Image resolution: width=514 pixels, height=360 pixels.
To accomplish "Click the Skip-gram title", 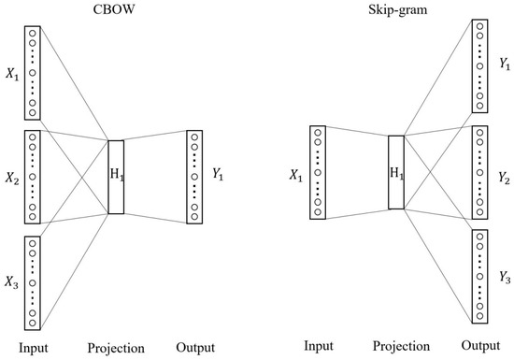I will (x=395, y=10).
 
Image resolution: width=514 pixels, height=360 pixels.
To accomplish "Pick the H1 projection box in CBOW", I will (x=115, y=177).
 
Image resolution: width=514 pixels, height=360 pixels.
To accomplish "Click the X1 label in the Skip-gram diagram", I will (x=294, y=175).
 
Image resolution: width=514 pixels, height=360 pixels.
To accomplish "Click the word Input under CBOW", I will (x=34, y=348).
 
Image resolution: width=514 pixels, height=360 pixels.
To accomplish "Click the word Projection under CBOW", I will (x=116, y=348).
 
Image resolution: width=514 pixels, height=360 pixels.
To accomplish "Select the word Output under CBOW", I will (x=194, y=348).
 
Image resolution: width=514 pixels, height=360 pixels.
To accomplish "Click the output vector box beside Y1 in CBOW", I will (x=193, y=177).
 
